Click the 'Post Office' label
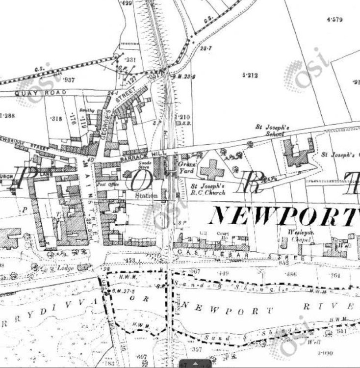(105, 185)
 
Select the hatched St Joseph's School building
(298, 154)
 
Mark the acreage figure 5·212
(250, 75)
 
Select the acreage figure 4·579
(334, 20)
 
